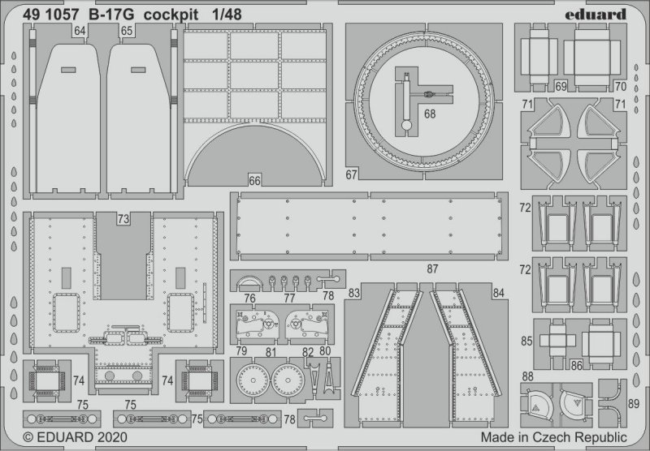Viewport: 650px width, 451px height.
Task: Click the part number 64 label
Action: (x=79, y=32)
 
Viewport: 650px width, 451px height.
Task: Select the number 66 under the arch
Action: (x=254, y=181)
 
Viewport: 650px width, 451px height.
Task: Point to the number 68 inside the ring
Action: (x=429, y=114)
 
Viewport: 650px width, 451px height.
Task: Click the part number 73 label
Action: (x=123, y=219)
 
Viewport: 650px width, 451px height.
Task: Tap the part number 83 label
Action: (x=353, y=292)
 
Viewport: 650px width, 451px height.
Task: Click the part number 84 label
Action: (x=499, y=292)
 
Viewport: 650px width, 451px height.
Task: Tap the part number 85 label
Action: (x=526, y=341)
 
